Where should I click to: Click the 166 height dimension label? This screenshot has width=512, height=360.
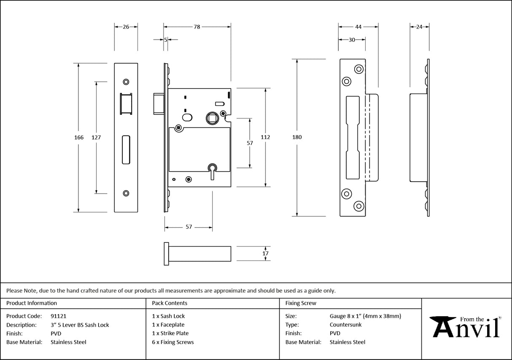pyautogui.click(x=79, y=137)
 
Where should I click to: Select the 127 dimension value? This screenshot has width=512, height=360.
pyautogui.click(x=96, y=137)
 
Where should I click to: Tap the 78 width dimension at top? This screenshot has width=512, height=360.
pyautogui.click(x=197, y=27)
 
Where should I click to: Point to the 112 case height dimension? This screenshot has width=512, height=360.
pyautogui.click(x=265, y=137)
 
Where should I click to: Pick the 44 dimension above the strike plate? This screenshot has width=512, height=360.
pyautogui.click(x=358, y=27)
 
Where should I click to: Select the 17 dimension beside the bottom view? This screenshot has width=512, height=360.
pyautogui.click(x=265, y=253)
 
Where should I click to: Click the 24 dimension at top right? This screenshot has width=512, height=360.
pyautogui.click(x=419, y=27)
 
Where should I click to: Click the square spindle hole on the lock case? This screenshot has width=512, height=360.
pyautogui.click(x=212, y=118)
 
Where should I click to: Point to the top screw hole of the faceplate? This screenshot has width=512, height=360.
pyautogui.click(x=126, y=81)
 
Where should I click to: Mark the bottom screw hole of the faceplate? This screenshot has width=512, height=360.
pyautogui.click(x=126, y=193)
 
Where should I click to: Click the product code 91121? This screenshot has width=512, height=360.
pyautogui.click(x=58, y=316)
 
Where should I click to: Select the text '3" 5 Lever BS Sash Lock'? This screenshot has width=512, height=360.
pyautogui.click(x=80, y=325)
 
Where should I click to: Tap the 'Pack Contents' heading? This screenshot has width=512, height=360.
pyautogui.click(x=170, y=303)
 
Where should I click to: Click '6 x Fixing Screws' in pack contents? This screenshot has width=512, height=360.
pyautogui.click(x=173, y=342)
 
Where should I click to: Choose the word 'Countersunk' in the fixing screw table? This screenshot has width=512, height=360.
pyautogui.click(x=345, y=325)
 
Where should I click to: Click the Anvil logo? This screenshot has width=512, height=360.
pyautogui.click(x=466, y=327)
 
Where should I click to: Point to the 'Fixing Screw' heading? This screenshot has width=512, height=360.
pyautogui.click(x=301, y=303)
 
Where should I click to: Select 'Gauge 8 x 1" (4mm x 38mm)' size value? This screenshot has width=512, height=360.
pyautogui.click(x=365, y=316)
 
